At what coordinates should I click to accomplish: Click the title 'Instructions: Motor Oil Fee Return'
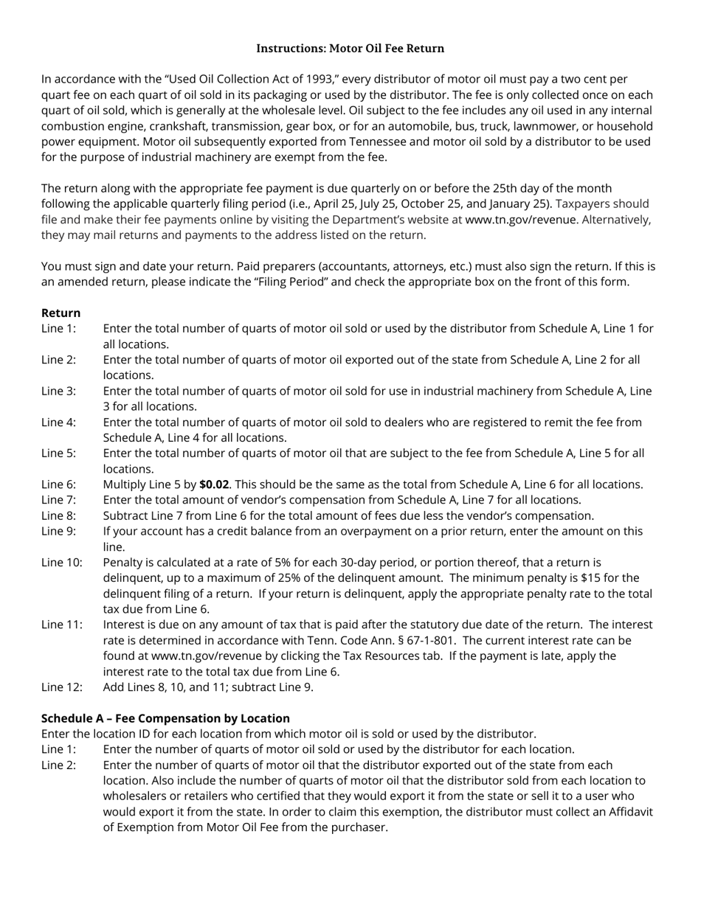tap(350, 49)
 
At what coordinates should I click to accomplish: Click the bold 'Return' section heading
tap(61, 313)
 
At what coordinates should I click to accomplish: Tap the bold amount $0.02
tap(214, 484)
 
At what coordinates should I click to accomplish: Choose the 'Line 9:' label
tap(58, 531)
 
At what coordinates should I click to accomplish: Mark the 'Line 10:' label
tap(61, 563)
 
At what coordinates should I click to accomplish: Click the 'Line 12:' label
tap(61, 687)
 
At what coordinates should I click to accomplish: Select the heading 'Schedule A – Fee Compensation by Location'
tap(165, 718)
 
